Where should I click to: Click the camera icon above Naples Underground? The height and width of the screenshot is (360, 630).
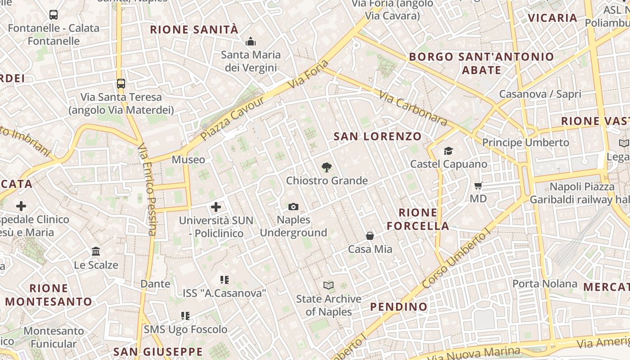click(293, 207)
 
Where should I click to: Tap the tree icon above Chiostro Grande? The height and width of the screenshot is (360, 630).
click(327, 167)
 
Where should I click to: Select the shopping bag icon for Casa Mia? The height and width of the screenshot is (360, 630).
click(370, 236)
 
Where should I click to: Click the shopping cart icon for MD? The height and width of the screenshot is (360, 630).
click(478, 185)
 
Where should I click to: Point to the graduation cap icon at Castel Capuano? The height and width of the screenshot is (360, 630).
click(448, 151)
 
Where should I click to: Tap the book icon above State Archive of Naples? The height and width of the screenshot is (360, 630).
click(328, 285)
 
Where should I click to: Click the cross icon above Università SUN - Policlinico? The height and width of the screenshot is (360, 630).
click(216, 207)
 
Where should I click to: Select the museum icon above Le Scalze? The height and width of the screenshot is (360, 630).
click(96, 252)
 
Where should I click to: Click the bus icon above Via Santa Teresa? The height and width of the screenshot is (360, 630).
click(121, 83)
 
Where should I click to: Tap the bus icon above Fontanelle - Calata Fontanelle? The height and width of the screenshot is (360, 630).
click(53, 15)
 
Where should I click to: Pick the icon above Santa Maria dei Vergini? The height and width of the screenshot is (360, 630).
click(251, 42)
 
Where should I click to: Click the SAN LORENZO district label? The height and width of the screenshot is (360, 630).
click(378, 136)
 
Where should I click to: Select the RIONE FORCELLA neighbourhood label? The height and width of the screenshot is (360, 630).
click(418, 219)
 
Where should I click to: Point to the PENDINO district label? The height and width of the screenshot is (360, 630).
click(399, 307)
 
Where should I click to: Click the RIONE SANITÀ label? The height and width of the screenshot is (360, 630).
click(194, 30)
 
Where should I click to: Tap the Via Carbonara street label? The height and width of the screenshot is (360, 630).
click(413, 108)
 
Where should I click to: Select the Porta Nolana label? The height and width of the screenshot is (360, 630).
click(545, 284)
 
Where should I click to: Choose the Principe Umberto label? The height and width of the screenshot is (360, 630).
click(526, 143)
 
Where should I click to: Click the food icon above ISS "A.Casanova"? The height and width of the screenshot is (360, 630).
click(225, 280)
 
